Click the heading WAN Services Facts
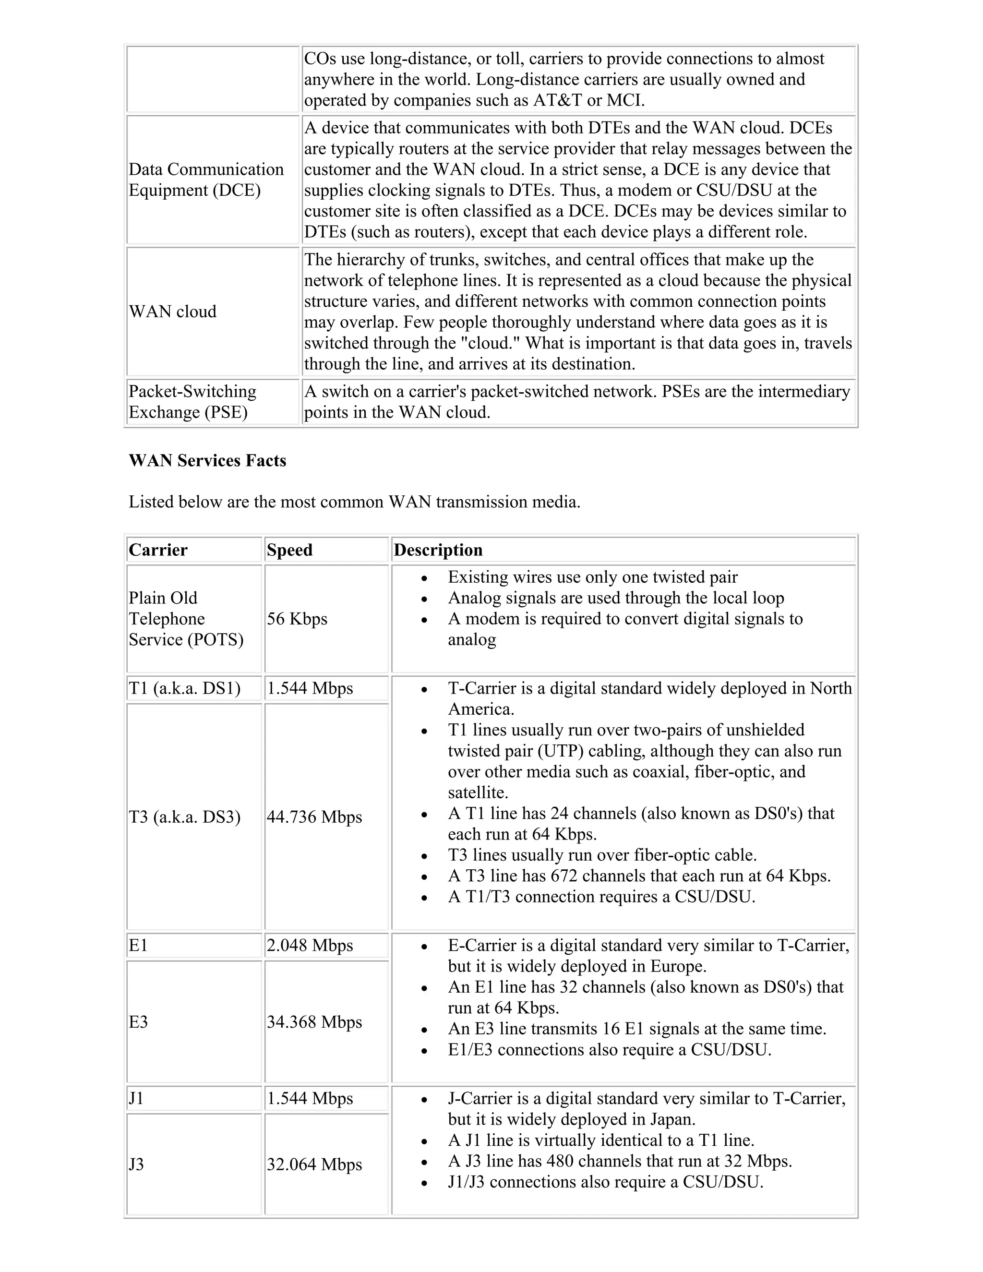pyautogui.click(x=207, y=461)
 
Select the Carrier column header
pyautogui.click(x=158, y=550)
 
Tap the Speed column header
pyautogui.click(x=289, y=550)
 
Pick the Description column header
pyautogui.click(x=438, y=550)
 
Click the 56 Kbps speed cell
pyautogui.click(x=297, y=619)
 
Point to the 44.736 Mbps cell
pyautogui.click(x=314, y=816)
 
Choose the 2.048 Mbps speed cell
pyautogui.click(x=310, y=945)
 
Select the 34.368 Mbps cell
pyautogui.click(x=314, y=1021)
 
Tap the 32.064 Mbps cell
pyautogui.click(x=314, y=1164)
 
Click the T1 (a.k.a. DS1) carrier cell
pyautogui.click(x=185, y=688)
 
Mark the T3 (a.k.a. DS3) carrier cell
pyautogui.click(x=185, y=816)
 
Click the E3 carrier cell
pyautogui.click(x=139, y=1021)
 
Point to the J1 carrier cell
pyautogui.click(x=136, y=1098)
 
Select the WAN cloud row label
pyautogui.click(x=172, y=312)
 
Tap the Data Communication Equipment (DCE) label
pyautogui.click(x=206, y=180)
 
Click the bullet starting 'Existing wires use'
pyautogui.click(x=592, y=577)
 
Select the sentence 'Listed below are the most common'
pyautogui.click(x=354, y=502)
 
